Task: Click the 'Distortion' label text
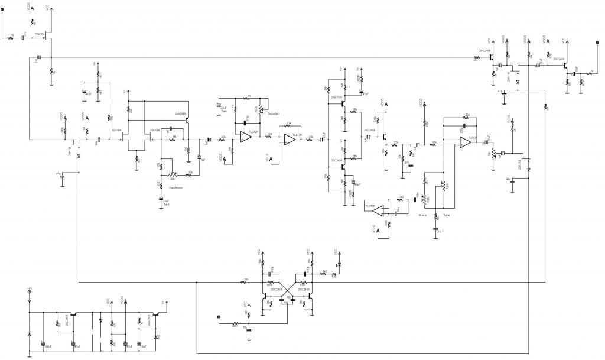(x=274, y=114)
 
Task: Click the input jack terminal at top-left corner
(x=4, y=9)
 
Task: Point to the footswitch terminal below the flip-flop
(x=219, y=318)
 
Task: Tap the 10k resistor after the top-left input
(x=12, y=37)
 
